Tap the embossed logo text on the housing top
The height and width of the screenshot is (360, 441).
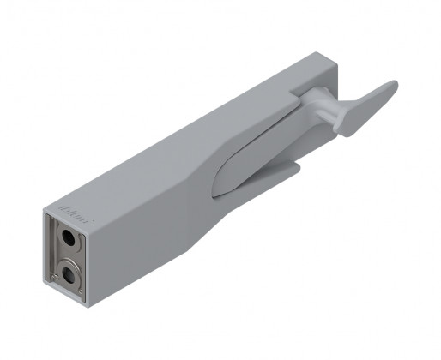(x=69, y=206)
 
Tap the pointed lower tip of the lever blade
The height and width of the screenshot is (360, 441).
(x=214, y=189)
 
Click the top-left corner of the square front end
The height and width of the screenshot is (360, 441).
(x=40, y=211)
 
